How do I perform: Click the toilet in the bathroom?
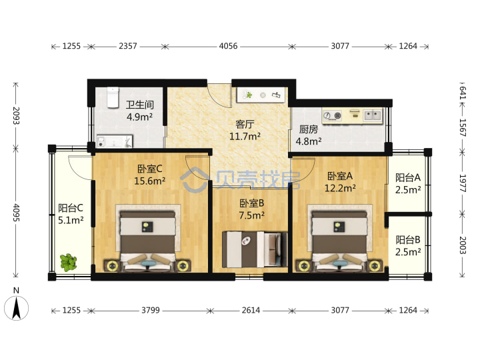(113, 97)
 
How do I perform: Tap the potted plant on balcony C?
(69, 263)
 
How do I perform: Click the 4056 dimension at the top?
(229, 46)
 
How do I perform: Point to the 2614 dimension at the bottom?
(251, 311)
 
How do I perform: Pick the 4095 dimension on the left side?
(16, 213)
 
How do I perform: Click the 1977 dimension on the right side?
(463, 183)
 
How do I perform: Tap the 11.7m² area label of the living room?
(245, 136)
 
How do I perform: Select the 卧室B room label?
(251, 203)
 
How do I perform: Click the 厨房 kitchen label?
(308, 129)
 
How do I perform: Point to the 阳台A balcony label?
(408, 177)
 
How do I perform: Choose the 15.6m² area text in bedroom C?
(150, 181)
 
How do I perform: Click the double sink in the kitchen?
(373, 115)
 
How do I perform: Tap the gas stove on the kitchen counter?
(333, 115)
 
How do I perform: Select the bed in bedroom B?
(255, 249)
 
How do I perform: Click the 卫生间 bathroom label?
(140, 105)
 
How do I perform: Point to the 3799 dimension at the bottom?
(151, 311)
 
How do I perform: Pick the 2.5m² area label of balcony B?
(408, 252)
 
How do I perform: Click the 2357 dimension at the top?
(128, 46)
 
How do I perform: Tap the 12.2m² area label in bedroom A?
(340, 188)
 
